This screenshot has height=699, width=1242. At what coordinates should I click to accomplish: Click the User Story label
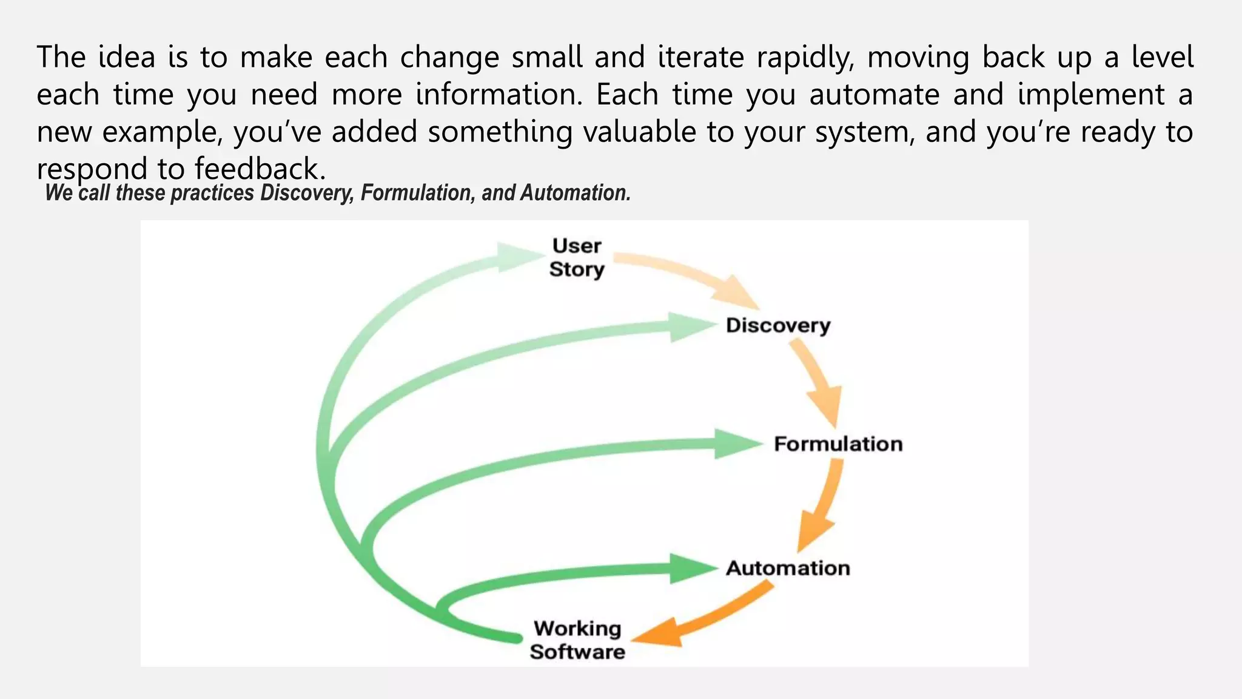pyautogui.click(x=576, y=258)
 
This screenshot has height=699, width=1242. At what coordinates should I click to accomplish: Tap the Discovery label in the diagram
pyautogui.click(x=778, y=326)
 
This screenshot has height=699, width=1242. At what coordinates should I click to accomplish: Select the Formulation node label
pyautogui.click(x=838, y=444)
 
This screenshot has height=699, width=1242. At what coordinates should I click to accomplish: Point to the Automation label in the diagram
pyautogui.click(x=788, y=569)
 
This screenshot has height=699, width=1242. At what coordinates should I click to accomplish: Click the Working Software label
pyautogui.click(x=577, y=640)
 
